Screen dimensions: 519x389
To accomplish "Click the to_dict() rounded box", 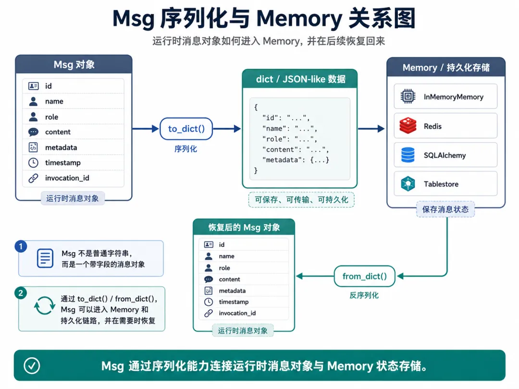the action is (x=186, y=129).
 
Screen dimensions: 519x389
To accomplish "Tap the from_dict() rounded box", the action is (x=364, y=276).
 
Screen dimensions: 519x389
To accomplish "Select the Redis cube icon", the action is (x=408, y=126).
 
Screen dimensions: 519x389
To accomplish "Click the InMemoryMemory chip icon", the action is (x=408, y=96).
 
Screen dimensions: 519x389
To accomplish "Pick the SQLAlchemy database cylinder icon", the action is (x=408, y=155).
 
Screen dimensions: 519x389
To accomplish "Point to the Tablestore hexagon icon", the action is (x=408, y=184).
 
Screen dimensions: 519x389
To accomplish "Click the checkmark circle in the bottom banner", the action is (x=32, y=365).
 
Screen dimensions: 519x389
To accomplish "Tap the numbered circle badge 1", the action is (x=21, y=246).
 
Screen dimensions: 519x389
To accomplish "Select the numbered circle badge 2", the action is (x=21, y=293).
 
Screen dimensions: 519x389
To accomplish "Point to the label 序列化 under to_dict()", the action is (x=185, y=149).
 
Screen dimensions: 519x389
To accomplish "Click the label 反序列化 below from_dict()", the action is (x=364, y=295).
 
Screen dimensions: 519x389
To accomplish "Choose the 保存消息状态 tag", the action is (x=445, y=209).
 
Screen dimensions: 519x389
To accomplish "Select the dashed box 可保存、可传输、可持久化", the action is (x=301, y=200).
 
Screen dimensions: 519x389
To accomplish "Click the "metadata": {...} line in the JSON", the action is (x=296, y=160).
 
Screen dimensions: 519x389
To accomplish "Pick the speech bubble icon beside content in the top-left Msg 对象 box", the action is (x=33, y=132).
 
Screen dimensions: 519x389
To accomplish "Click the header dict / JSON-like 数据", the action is (x=300, y=79).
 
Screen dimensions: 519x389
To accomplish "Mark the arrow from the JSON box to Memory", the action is (x=371, y=129).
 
